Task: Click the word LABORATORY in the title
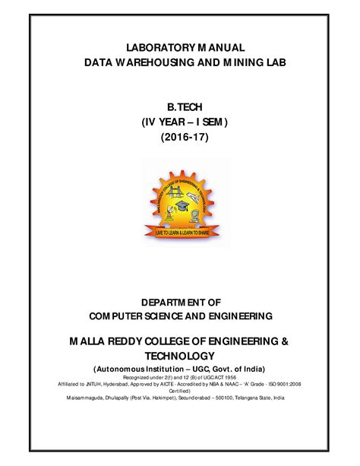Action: tap(147, 48)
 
